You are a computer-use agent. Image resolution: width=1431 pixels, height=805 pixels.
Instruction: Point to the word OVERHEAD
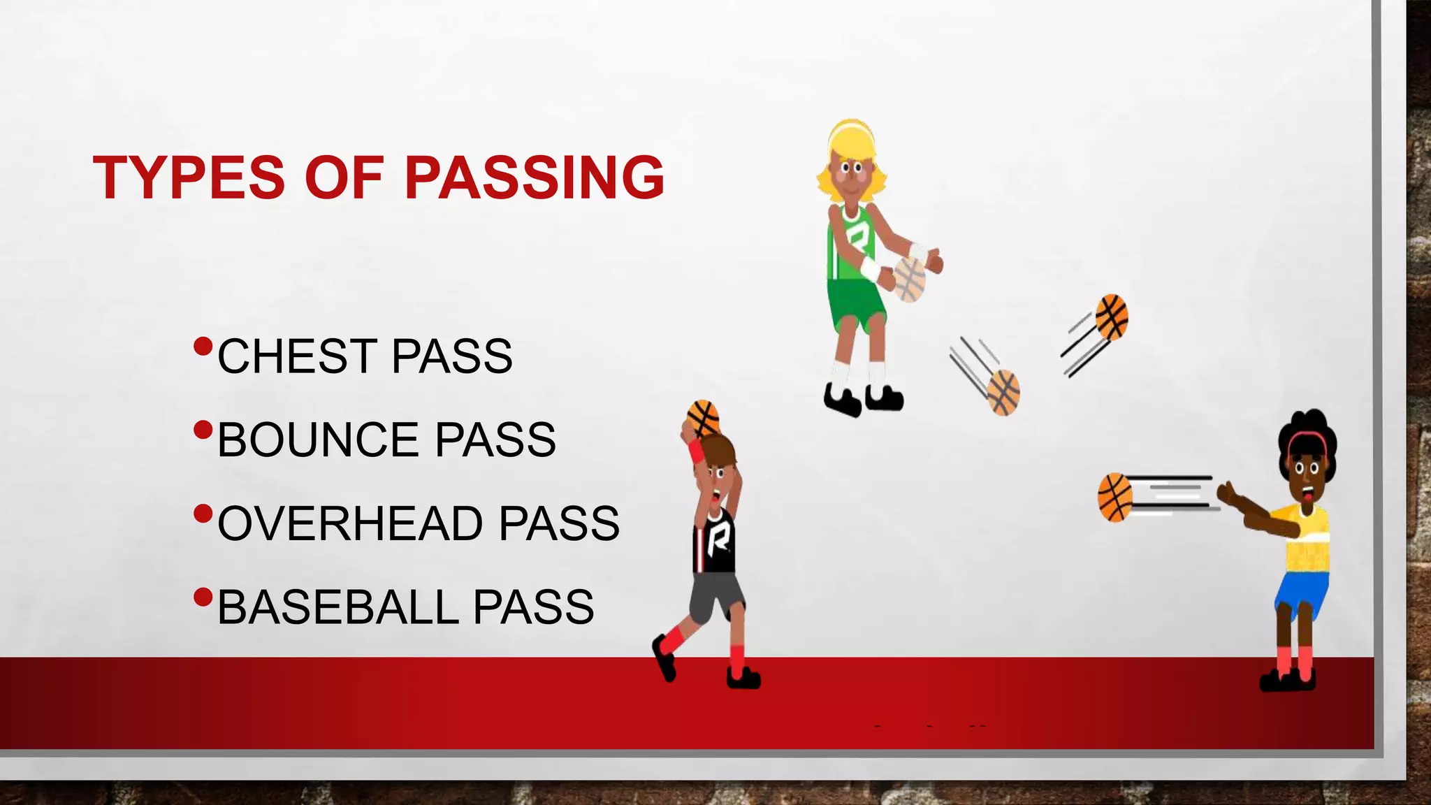[350, 523]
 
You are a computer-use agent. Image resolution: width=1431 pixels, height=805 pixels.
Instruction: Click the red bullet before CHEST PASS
[203, 346]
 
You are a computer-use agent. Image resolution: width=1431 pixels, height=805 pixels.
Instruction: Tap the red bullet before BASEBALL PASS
[203, 597]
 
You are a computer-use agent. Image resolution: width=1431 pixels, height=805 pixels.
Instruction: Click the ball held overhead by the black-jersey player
[703, 417]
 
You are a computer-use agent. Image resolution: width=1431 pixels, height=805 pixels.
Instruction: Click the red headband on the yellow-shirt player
[1307, 439]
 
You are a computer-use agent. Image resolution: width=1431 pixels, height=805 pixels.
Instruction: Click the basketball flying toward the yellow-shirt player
[1115, 498]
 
